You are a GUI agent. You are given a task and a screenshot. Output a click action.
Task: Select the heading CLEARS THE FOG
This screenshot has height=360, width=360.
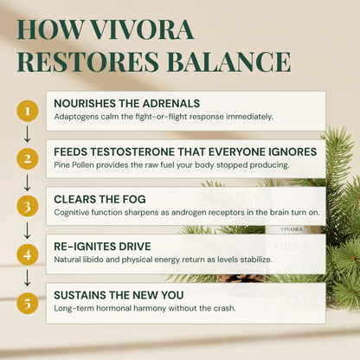pyautogui.click(x=99, y=198)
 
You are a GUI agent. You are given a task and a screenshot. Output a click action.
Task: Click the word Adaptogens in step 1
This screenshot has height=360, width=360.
pyautogui.click(x=75, y=117)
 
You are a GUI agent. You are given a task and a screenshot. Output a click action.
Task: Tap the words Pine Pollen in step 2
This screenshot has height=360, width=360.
pyautogui.click(x=74, y=164)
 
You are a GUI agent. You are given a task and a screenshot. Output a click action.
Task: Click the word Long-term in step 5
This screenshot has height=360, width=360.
pyautogui.click(x=75, y=309)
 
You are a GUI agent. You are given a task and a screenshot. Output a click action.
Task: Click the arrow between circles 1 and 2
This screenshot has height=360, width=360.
pyautogui.click(x=27, y=135)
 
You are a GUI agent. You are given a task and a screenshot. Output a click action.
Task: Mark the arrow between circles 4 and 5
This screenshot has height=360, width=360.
pyautogui.click(x=27, y=279)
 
